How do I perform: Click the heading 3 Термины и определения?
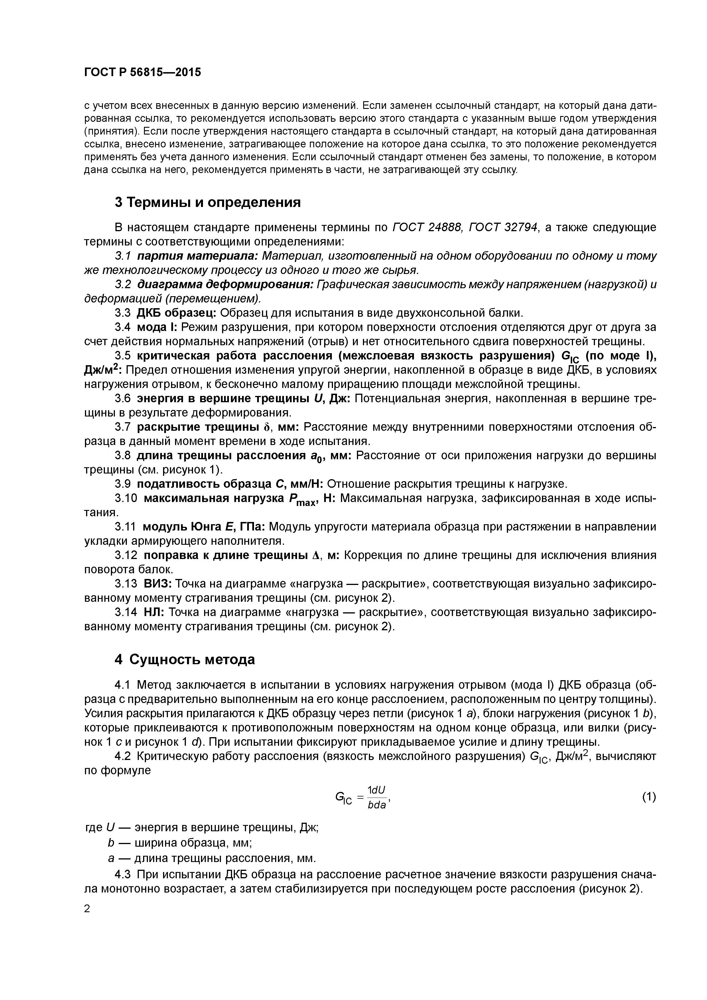pos(207,202)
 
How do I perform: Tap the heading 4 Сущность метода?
pos(185,659)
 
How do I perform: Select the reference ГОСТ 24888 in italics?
pos(427,227)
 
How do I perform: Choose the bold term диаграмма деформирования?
pos(225,284)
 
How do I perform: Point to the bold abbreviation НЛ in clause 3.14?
pos(153,612)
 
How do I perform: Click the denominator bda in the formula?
pos(377,805)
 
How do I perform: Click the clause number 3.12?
pos(126,555)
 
